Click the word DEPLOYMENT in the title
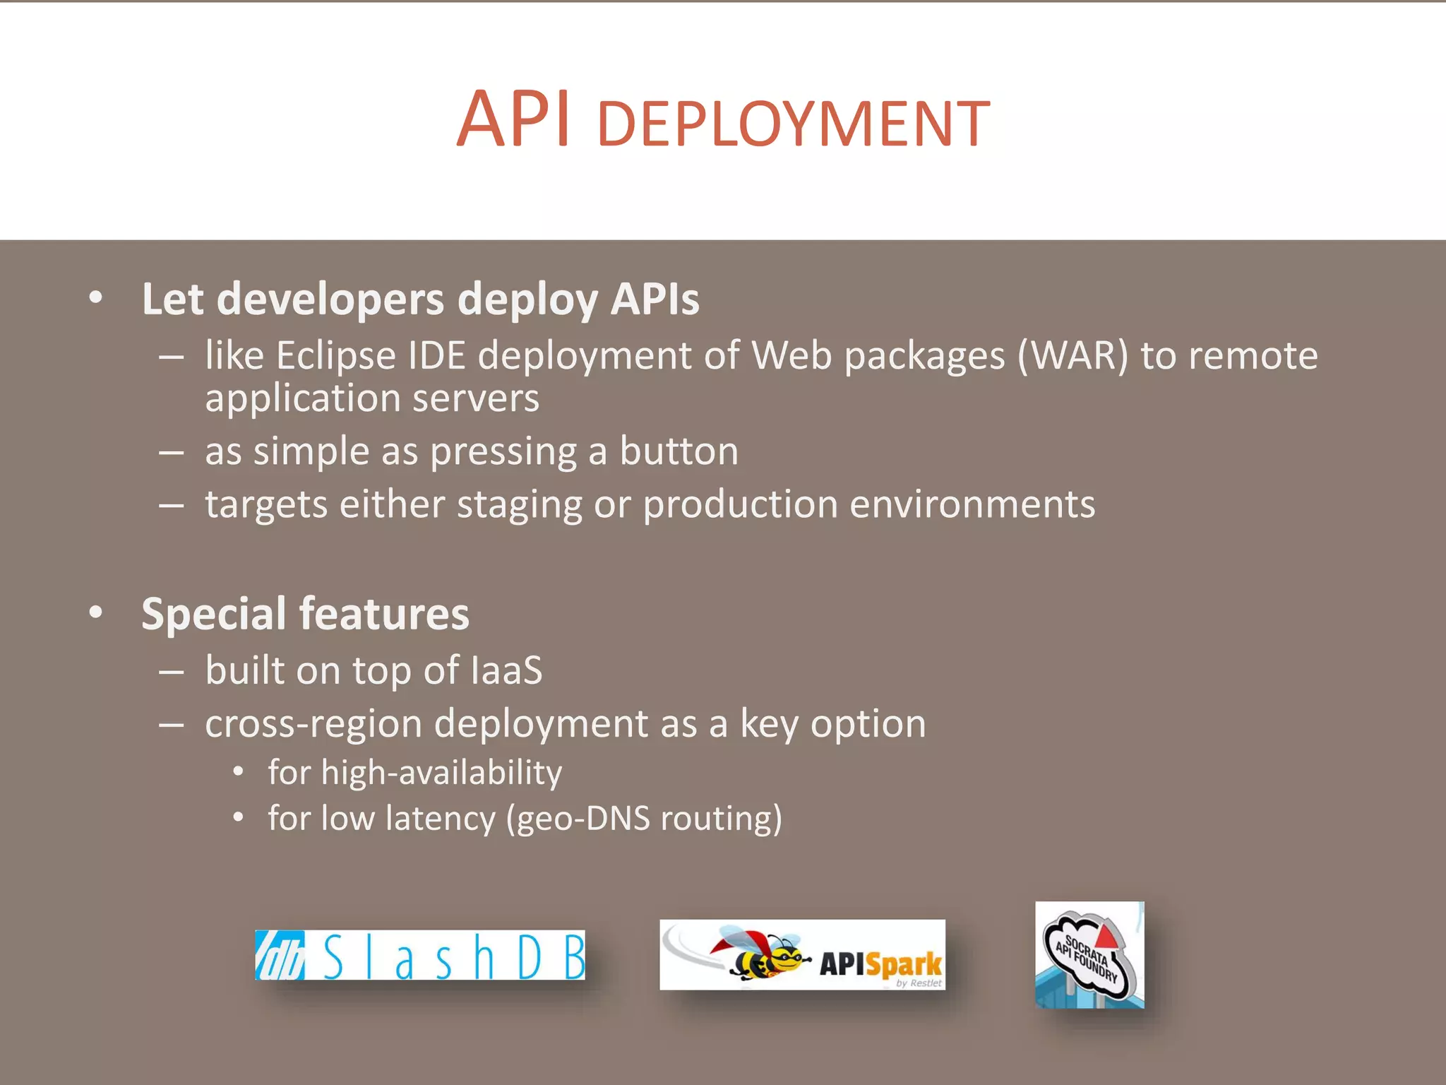tap(793, 125)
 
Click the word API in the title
tap(513, 120)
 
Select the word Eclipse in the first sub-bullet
tap(335, 355)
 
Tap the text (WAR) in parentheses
tap(1072, 355)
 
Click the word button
tap(679, 451)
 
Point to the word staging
tap(519, 506)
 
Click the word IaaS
tap(506, 670)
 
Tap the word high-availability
tap(441, 773)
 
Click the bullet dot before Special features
tap(96, 612)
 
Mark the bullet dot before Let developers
tap(96, 298)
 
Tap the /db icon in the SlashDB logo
tap(280, 956)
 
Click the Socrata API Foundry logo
tap(1089, 954)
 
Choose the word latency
tap(441, 819)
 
